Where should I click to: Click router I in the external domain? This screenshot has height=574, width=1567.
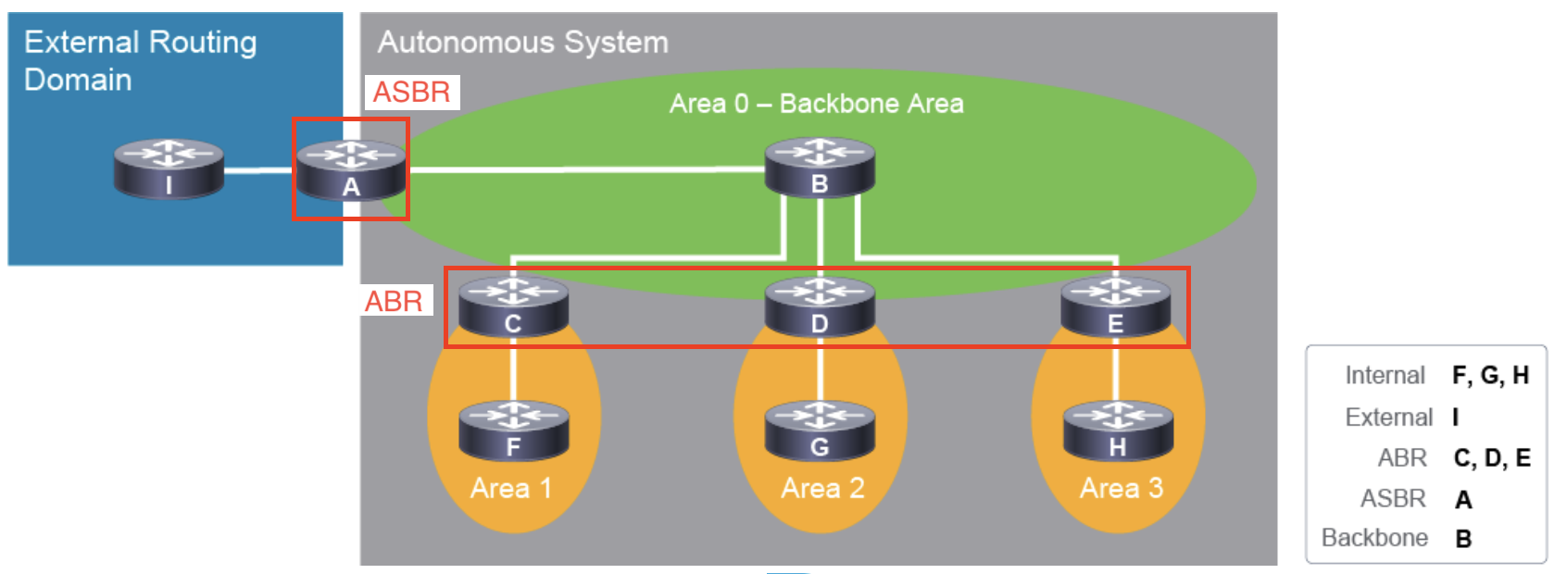coord(169,168)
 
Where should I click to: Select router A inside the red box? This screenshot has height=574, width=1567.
coord(350,168)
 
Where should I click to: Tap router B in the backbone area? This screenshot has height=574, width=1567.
coord(820,167)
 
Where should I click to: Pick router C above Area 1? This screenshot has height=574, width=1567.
coord(513,306)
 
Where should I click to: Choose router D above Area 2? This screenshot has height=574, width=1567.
coord(820,306)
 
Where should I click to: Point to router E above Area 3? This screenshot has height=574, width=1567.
coord(1115,306)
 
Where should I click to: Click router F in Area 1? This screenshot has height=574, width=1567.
coord(513,430)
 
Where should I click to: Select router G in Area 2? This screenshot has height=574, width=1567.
coord(820,430)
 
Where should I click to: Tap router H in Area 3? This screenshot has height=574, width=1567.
coord(1118,430)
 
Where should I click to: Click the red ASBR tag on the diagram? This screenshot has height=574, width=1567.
coord(412,92)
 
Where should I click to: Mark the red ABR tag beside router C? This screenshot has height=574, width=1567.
coord(395,301)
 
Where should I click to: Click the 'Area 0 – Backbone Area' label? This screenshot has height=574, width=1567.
coord(816,104)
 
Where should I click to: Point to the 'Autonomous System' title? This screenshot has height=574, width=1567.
coord(522,43)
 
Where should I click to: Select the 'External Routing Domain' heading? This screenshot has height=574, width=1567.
coord(140,60)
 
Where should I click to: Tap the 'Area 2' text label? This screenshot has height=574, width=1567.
coord(822,488)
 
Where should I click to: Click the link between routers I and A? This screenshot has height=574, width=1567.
coord(258,170)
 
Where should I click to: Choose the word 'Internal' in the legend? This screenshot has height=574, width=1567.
coord(1385,375)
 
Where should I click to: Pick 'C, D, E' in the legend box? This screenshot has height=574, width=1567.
coord(1492,458)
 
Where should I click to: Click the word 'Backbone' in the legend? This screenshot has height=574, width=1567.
coord(1374,538)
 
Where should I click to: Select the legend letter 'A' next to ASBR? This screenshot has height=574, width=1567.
coord(1463,500)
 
